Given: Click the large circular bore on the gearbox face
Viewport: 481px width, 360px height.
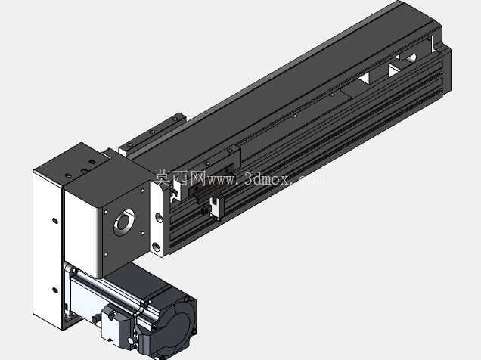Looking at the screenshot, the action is point(124,222).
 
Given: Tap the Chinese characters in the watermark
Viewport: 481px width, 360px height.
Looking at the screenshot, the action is point(180,178).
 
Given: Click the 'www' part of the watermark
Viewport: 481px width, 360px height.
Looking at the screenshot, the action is point(222,180).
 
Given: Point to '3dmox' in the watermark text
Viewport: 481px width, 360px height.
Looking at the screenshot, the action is point(267,178).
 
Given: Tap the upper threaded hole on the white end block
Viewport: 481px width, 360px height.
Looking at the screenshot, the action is point(158,218).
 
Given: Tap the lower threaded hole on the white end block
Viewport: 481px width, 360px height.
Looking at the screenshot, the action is point(156,247).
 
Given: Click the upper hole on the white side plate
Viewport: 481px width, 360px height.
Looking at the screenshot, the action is point(55,221).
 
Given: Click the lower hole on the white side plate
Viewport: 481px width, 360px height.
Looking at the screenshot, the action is point(55,290).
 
